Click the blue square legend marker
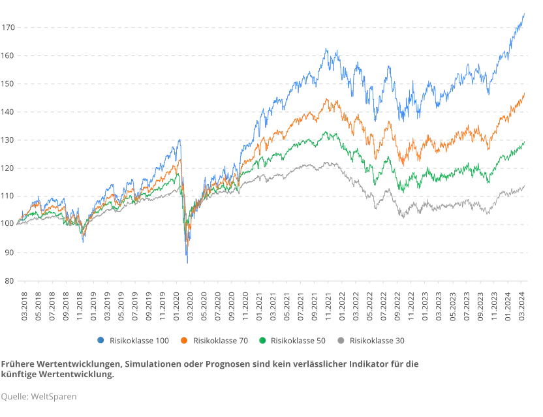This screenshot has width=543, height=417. coord(99,340)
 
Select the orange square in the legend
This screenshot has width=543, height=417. coord(184,340)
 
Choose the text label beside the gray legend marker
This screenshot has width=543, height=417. coord(378,340)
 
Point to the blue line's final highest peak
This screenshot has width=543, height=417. coord(523,13)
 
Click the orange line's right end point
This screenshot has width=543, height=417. coord(525,92)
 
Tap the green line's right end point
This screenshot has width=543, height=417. coord(525,143)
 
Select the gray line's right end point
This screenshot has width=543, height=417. coord(525,186)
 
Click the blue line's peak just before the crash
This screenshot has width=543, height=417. coord(180,139)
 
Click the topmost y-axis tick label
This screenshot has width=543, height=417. coord(8,27)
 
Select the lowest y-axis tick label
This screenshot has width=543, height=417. coord(8,281)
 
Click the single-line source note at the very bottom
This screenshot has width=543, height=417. coord(39,396)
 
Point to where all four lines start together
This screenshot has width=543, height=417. coord(18,223)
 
